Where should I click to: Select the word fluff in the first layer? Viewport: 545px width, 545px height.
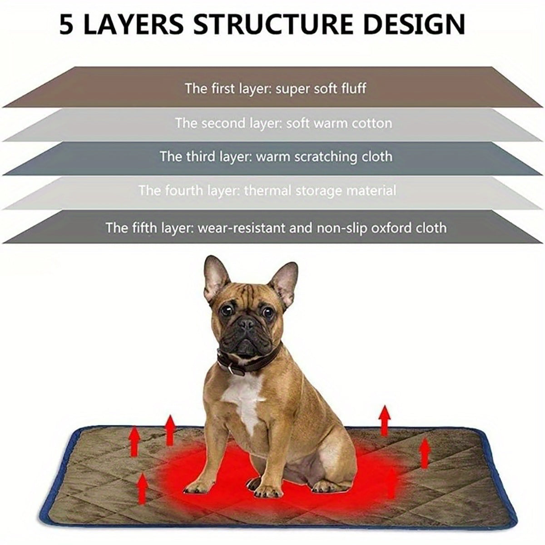click(x=353, y=88)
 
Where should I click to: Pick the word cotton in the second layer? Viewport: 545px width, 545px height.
click(x=370, y=123)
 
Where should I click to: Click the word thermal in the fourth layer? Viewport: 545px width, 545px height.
click(x=268, y=190)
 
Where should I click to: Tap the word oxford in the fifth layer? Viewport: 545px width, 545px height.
click(x=392, y=227)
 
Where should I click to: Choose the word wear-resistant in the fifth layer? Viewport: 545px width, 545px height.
click(x=242, y=227)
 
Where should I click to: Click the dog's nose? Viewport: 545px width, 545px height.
click(x=247, y=323)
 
